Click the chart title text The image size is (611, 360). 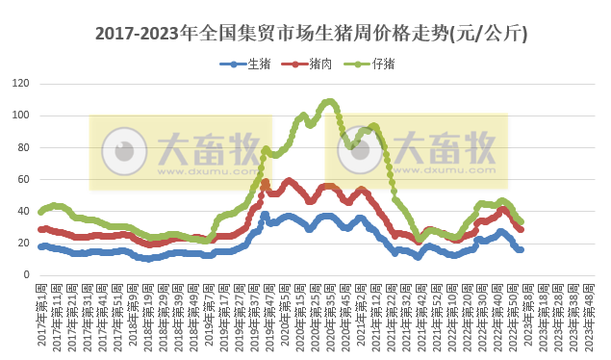click(x=311, y=34)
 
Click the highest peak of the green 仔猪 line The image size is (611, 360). click(x=330, y=101)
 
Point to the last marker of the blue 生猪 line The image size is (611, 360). click(x=521, y=249)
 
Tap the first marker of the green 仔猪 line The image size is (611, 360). click(x=40, y=212)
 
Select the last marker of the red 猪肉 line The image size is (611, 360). click(x=521, y=229)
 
